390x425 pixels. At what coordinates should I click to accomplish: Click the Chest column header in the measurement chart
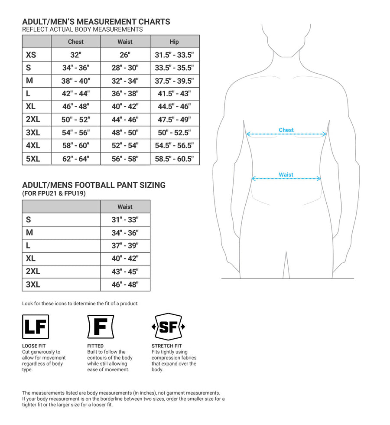(x=76, y=42)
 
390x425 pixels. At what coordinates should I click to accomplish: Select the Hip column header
(x=174, y=42)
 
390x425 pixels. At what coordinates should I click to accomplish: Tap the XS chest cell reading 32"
(x=76, y=55)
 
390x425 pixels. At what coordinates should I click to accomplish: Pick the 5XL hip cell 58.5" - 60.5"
(x=174, y=159)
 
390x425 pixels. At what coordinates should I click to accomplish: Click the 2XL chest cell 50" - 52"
(x=76, y=120)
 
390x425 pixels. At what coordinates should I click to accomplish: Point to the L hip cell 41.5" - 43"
(x=174, y=94)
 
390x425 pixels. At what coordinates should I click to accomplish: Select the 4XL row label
(x=33, y=146)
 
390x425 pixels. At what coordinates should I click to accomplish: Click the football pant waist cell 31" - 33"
(x=125, y=220)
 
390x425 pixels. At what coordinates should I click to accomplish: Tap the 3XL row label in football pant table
(x=33, y=284)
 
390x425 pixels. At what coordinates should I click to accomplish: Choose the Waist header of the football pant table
(x=125, y=207)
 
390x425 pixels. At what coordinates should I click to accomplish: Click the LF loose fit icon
(x=36, y=327)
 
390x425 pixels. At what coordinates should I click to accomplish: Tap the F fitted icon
(x=101, y=327)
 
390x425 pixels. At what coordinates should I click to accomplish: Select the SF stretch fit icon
(x=168, y=327)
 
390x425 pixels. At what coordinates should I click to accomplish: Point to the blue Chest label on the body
(x=286, y=130)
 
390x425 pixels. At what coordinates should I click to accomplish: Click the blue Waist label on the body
(x=286, y=175)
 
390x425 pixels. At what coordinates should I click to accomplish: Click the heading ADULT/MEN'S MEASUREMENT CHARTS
(x=96, y=22)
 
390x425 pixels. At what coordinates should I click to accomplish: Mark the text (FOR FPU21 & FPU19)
(x=54, y=193)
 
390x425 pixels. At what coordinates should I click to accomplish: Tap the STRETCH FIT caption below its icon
(x=167, y=346)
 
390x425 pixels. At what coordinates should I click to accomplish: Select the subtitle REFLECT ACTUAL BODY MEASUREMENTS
(x=82, y=29)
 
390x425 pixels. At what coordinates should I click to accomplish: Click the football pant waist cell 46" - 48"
(x=125, y=284)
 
